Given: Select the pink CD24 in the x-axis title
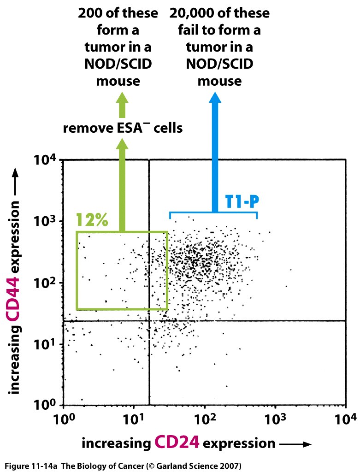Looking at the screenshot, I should coord(177,442).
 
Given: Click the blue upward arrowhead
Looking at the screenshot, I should coord(214,98).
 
